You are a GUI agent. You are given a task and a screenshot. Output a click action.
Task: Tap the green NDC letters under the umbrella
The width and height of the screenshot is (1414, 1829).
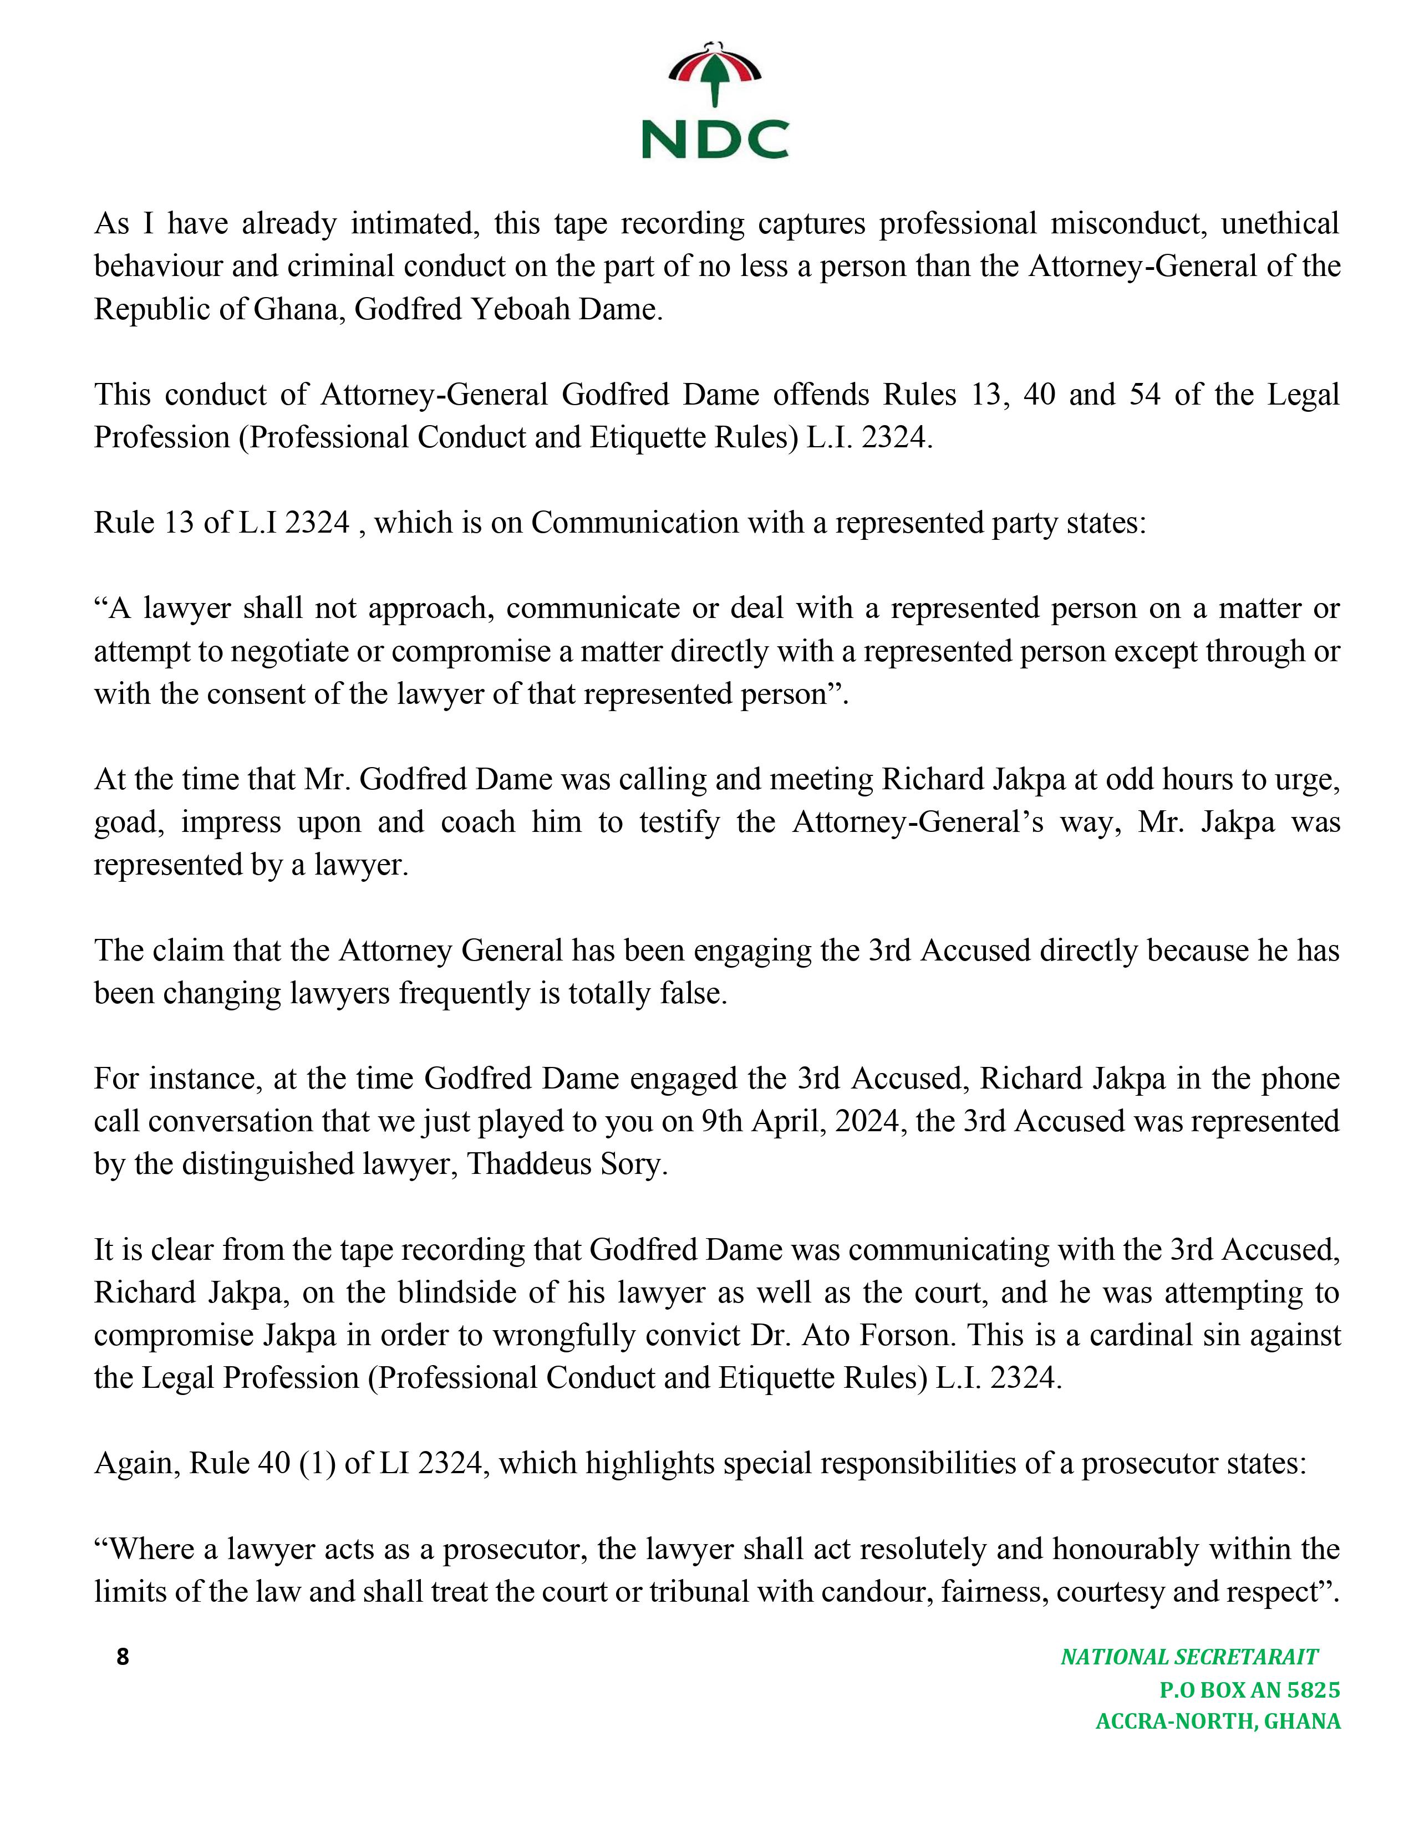coord(715,139)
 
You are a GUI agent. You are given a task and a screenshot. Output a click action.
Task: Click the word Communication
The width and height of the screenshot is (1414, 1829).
coord(634,523)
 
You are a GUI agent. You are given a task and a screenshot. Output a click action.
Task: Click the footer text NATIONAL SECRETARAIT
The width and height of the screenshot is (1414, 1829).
coord(1189,1657)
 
